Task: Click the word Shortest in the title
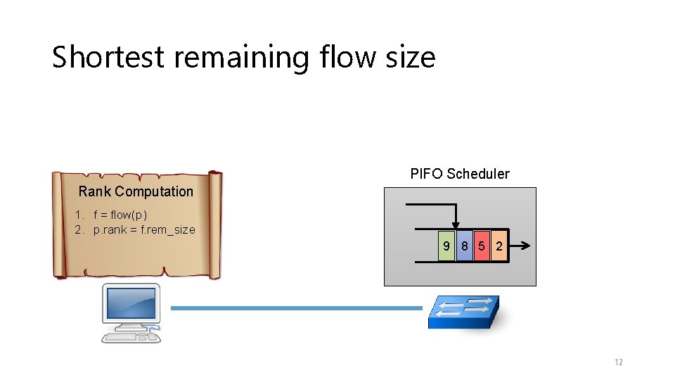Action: [108, 57]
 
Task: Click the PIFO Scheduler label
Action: [460, 174]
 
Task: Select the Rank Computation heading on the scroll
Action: [136, 191]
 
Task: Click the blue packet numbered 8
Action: [464, 246]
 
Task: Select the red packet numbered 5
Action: [482, 246]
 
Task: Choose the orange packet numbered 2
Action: [499, 246]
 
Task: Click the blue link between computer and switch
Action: [296, 308]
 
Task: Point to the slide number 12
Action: [618, 362]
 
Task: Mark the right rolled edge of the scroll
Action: [215, 224]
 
